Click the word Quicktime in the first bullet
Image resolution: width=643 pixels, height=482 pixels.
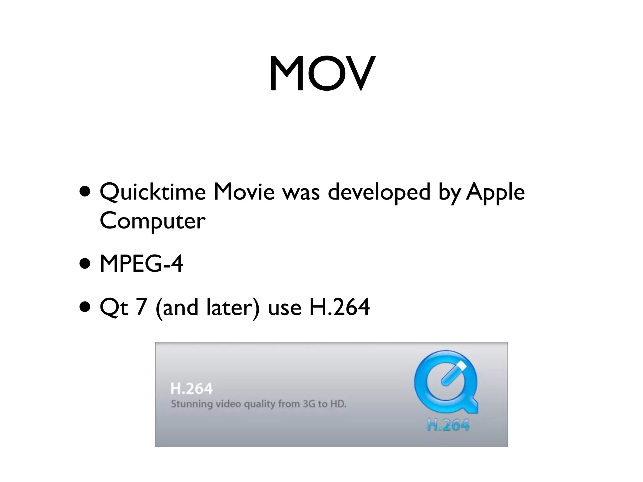click(153, 192)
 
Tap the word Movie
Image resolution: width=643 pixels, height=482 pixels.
click(244, 192)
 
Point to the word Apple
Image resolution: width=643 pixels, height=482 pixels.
click(495, 192)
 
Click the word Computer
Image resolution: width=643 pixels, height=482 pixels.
click(153, 221)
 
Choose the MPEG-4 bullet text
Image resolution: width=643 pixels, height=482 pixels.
click(141, 264)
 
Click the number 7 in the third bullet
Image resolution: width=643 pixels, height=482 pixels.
click(141, 307)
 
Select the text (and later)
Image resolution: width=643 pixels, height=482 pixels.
click(207, 307)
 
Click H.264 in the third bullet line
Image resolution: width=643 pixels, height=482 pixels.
click(339, 307)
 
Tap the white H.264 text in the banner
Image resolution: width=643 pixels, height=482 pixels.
click(192, 389)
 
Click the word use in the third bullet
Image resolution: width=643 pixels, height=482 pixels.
click(284, 307)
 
